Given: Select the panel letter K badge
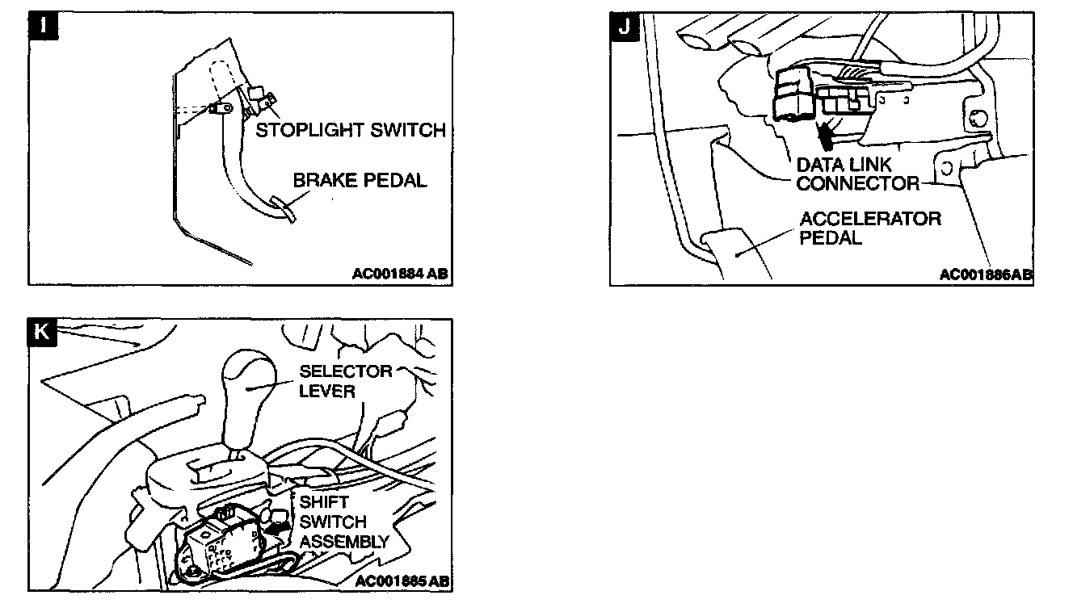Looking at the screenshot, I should click(43, 333).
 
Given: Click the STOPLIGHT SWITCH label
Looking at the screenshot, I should click(351, 130).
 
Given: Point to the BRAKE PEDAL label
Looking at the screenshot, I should click(360, 180).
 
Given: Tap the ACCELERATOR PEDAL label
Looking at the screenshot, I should click(869, 228).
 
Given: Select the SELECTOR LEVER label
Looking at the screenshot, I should click(345, 380).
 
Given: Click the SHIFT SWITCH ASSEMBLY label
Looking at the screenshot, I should click(343, 522).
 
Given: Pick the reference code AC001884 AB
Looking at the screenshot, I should click(399, 274).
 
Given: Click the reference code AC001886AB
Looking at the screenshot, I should click(986, 275).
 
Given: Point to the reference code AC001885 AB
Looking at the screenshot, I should click(402, 581).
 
